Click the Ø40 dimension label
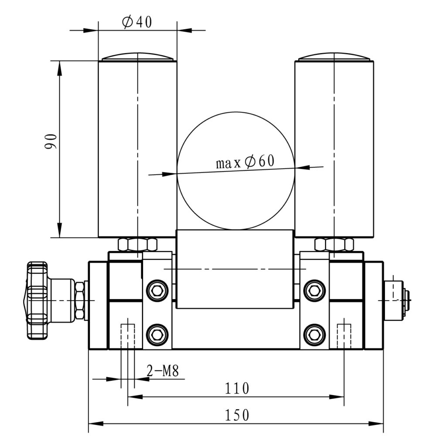pos(137,22)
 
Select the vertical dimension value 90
pos(51,142)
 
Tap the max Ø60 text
pos(245,162)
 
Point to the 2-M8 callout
pos(163,371)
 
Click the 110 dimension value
pos(236,388)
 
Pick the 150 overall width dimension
pos(237,415)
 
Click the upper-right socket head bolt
pos(314,291)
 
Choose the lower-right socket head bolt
pos(314,334)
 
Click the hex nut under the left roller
pos(137,244)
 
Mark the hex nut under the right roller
pos(334,244)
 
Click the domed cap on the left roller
pos(137,57)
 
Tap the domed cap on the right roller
pos(334,57)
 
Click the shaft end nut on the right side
pos(406,300)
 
